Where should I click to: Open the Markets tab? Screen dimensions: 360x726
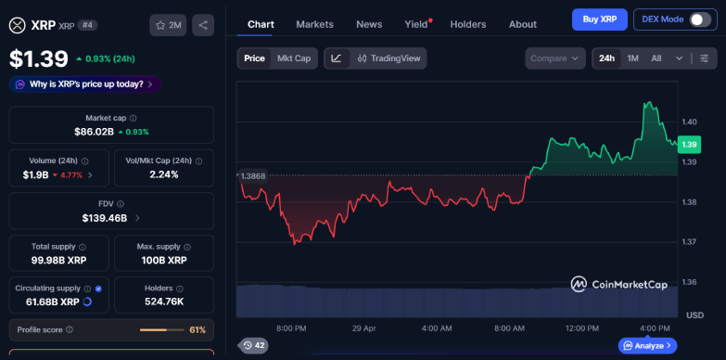tap(314, 24)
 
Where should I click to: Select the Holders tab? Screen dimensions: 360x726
tap(467, 24)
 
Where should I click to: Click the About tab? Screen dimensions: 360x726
tap(522, 24)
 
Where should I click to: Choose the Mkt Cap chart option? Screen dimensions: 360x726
tap(294, 58)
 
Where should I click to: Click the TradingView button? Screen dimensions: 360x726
tap(388, 58)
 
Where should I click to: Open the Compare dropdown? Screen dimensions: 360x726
tap(554, 58)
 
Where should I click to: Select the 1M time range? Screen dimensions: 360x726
tap(632, 58)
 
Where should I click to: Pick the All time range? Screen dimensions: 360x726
tap(656, 58)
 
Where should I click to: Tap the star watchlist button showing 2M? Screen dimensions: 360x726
tap(168, 25)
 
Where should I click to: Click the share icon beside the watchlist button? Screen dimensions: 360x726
tap(203, 25)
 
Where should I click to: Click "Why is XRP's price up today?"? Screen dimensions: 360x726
tap(85, 84)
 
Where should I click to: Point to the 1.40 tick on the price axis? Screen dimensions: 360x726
tap(689, 122)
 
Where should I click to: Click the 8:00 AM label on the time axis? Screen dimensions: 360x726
tap(510, 328)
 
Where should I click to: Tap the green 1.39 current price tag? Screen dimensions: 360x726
tap(689, 145)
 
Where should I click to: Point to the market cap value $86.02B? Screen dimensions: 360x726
tap(95, 132)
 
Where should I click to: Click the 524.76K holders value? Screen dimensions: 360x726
tap(164, 302)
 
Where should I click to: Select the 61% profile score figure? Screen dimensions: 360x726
tap(197, 329)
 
